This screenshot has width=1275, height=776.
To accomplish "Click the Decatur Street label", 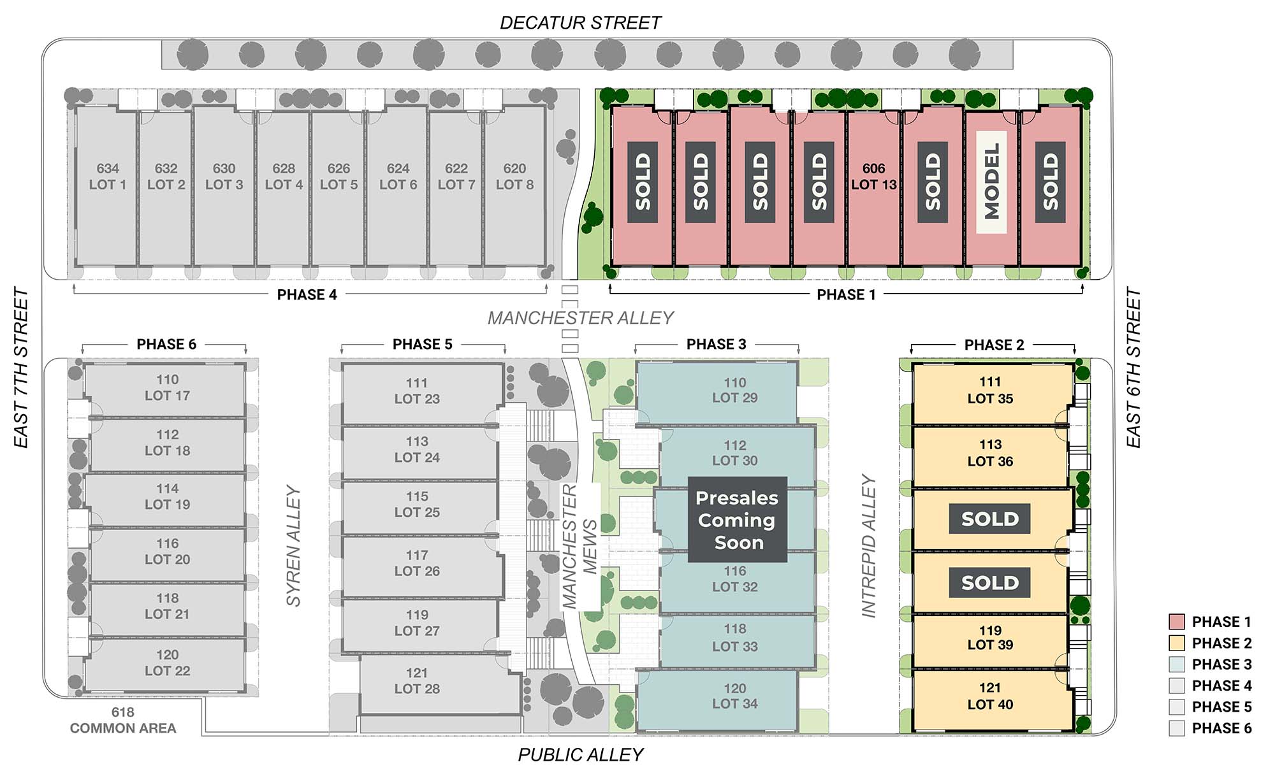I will pyautogui.click(x=580, y=23).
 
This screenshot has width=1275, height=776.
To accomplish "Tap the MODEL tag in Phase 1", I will pyautogui.click(x=991, y=182).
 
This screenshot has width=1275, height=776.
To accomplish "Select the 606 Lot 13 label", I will pyautogui.click(x=873, y=176).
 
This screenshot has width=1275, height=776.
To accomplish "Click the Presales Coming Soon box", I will pyautogui.click(x=737, y=520).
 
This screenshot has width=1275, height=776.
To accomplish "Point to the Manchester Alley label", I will pyautogui.click(x=580, y=317).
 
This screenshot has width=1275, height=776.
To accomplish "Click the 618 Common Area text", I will pyautogui.click(x=123, y=721).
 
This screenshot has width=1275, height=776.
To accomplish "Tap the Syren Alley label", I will pyautogui.click(x=293, y=546).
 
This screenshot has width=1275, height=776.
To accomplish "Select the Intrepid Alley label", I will pyautogui.click(x=869, y=546).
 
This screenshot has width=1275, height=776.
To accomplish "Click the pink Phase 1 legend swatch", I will pyautogui.click(x=1176, y=622).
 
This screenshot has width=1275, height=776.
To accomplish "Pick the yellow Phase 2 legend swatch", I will pyautogui.click(x=1176, y=643).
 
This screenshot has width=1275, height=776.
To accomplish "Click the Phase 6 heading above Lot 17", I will pyautogui.click(x=166, y=345).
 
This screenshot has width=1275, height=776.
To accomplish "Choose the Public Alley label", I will pyautogui.click(x=580, y=755).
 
